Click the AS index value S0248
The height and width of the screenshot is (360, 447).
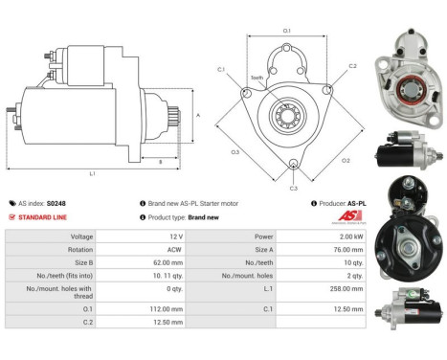(x=56, y=203)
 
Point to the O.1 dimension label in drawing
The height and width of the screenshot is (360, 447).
(x=287, y=31)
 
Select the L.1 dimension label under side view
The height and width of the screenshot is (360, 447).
(x=92, y=172)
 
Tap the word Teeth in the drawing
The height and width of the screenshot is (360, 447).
(x=257, y=78)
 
